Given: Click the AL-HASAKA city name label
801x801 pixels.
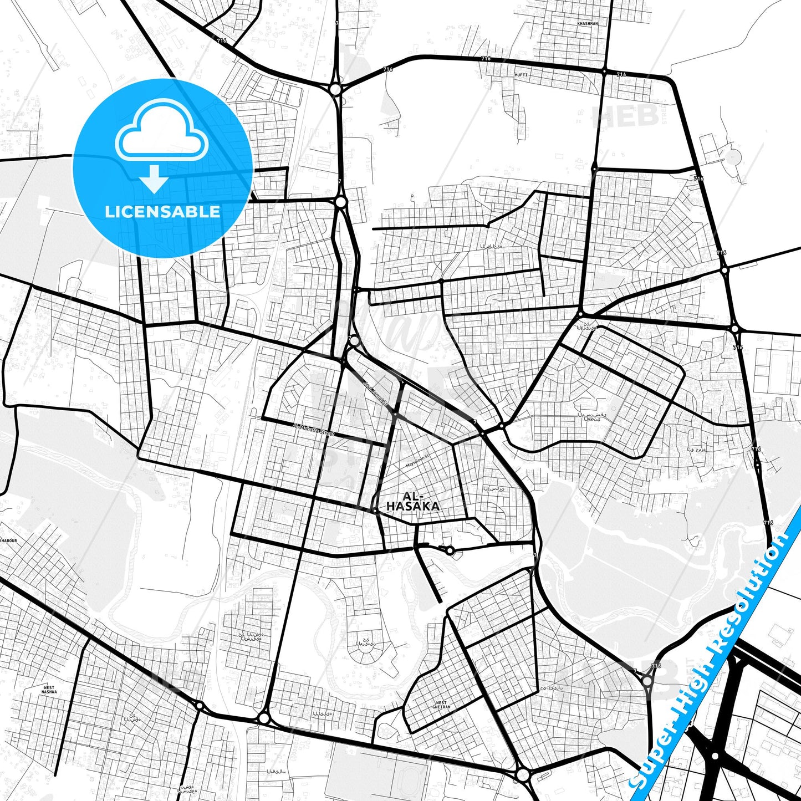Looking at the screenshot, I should pyautogui.click(x=413, y=501).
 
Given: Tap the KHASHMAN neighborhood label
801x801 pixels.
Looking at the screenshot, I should pyautogui.click(x=588, y=24).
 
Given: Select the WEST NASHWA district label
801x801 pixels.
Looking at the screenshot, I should pyautogui.click(x=49, y=690).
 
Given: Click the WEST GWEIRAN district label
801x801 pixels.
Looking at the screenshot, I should pyautogui.click(x=441, y=705).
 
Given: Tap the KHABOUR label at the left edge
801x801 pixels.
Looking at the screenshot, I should pyautogui.click(x=8, y=540).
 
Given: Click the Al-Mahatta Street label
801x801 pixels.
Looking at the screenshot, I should pyautogui.click(x=313, y=430).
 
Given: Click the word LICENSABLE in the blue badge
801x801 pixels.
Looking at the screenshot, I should pyautogui.click(x=162, y=212).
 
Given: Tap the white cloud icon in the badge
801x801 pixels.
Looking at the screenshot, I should pyautogui.click(x=162, y=132).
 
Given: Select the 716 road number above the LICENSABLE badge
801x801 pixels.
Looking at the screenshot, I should pyautogui.click(x=222, y=40).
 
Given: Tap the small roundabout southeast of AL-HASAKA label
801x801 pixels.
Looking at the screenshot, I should pyautogui.click(x=450, y=550).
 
